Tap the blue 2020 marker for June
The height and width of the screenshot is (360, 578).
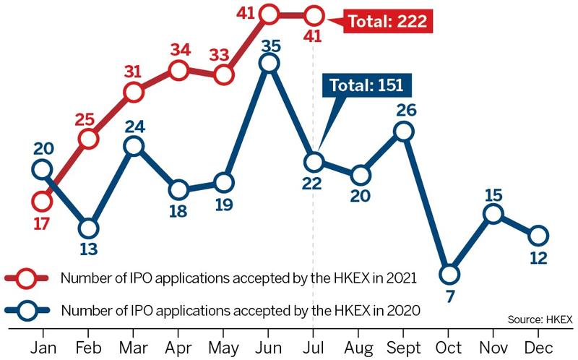point(269,64)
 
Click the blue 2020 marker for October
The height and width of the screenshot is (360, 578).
point(449,274)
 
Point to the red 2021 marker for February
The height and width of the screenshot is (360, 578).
point(89,139)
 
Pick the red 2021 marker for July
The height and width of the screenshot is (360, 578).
point(314,14)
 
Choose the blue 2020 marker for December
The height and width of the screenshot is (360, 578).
point(538,236)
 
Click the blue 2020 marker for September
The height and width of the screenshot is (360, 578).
point(404,131)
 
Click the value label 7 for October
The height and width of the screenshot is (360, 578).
point(449,297)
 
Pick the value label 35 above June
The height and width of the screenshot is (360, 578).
point(269,44)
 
